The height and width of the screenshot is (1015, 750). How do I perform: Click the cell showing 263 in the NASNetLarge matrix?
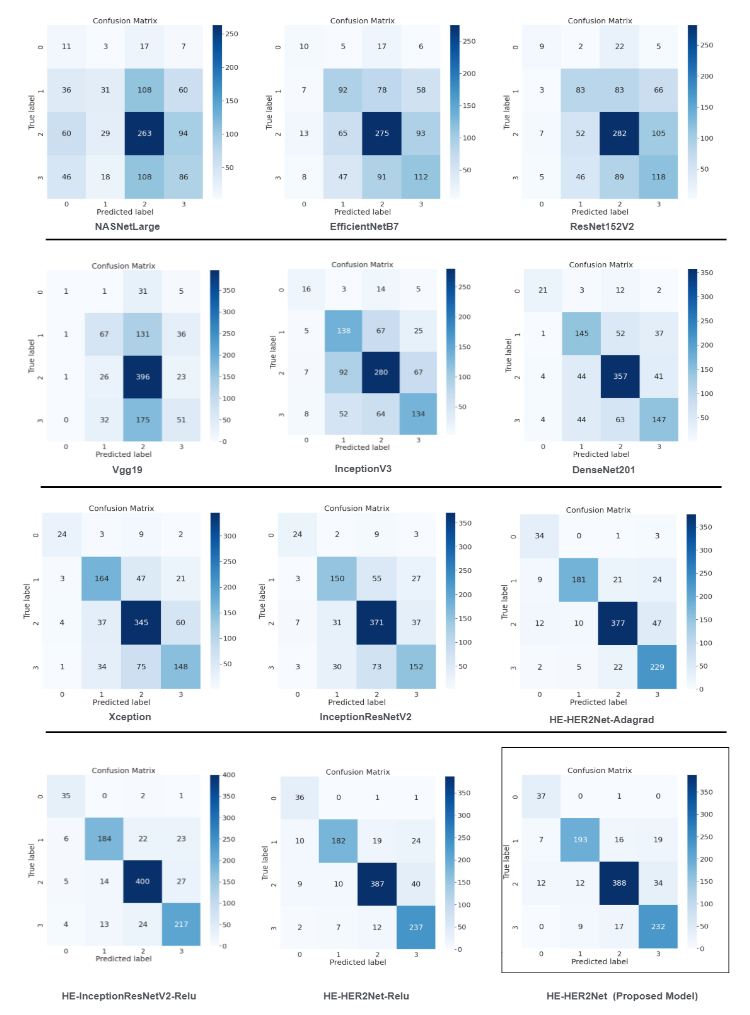click(x=144, y=133)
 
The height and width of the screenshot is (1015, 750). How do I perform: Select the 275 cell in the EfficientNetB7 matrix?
click(x=382, y=133)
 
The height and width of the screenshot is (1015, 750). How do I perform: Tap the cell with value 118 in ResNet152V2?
click(x=658, y=177)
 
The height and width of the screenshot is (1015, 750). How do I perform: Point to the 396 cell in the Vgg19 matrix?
click(x=143, y=377)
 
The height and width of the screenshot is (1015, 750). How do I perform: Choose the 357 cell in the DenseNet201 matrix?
click(x=620, y=376)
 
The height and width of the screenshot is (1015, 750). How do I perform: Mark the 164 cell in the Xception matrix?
click(x=102, y=579)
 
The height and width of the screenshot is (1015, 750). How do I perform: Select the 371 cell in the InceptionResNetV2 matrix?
click(x=376, y=623)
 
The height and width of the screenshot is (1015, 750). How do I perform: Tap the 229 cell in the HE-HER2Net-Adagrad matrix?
click(x=657, y=667)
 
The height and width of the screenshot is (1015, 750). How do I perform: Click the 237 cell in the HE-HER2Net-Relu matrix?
click(x=416, y=927)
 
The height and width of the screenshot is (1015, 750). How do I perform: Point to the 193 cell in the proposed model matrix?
click(x=580, y=840)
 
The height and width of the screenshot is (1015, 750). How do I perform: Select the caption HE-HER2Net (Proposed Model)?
click(x=622, y=996)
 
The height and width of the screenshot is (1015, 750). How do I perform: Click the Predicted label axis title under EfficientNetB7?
click(x=362, y=212)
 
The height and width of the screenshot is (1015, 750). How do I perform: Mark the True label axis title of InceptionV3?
click(x=273, y=352)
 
